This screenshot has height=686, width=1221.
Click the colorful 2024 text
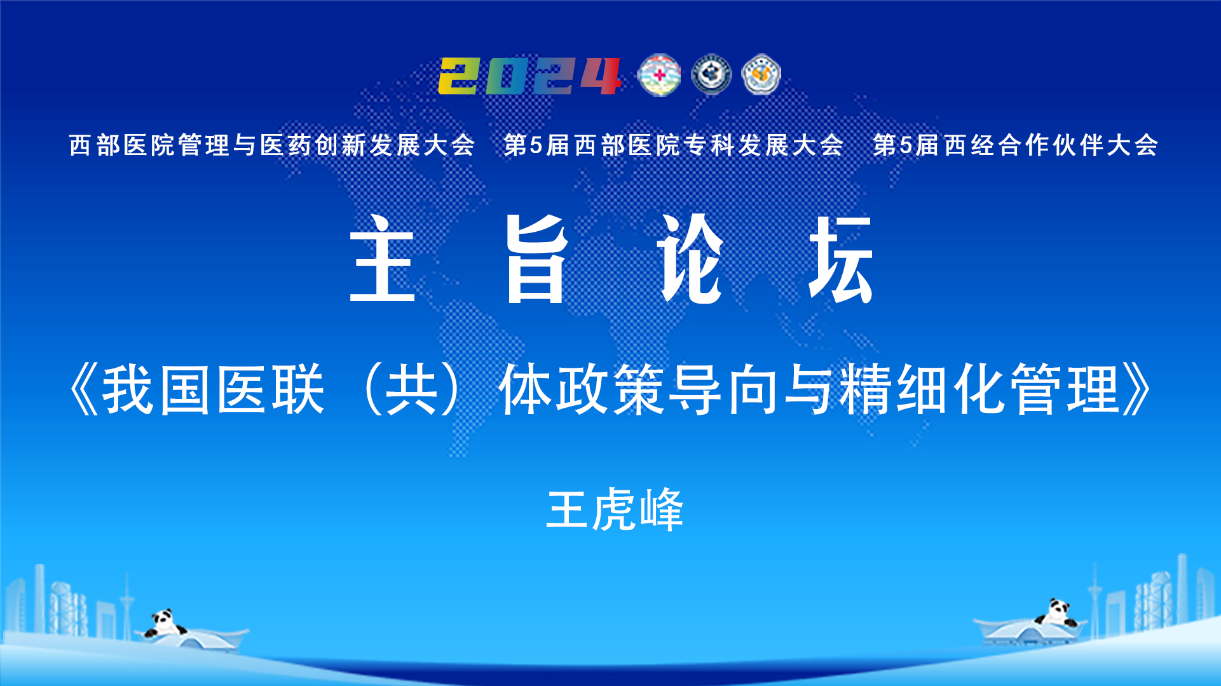[529, 76]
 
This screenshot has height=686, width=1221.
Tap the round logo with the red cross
[659, 76]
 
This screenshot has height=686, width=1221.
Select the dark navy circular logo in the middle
[711, 75]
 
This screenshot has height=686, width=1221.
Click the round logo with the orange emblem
[761, 75]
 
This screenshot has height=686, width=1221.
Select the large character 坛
[840, 259]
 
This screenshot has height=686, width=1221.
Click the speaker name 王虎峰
[615, 509]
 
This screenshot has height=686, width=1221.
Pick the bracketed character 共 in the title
[413, 389]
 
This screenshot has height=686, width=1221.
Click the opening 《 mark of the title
[84, 389]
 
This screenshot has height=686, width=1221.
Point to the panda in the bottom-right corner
[1056, 612]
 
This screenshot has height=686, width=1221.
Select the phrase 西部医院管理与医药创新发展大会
[272, 145]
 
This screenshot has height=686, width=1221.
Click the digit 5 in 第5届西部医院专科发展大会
[536, 145]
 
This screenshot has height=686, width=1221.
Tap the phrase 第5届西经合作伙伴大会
[1016, 145]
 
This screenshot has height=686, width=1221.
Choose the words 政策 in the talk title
[612, 389]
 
